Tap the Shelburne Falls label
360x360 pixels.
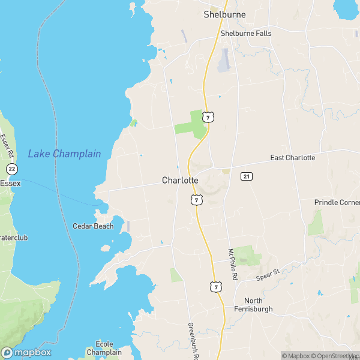coord(246,34)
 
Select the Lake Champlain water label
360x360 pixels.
coord(64,154)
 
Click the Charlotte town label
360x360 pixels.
coord(180,180)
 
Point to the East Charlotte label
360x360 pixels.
coord(292,158)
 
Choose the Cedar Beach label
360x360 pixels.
coord(93,226)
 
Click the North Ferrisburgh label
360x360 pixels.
coord(258,304)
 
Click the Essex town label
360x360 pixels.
coord(10,183)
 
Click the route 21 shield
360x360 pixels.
coord(246,176)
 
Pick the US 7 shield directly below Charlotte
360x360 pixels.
coord(196,199)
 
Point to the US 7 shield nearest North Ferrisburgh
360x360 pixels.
coord(215,288)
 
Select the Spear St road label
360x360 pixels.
coord(268,274)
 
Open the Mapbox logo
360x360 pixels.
coord(26,353)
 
